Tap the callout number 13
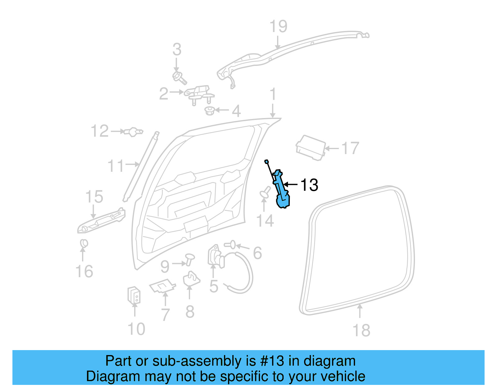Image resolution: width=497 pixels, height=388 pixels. (x=309, y=185)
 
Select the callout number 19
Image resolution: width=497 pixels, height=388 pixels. (x=278, y=26)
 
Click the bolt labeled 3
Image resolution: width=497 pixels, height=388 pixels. (x=180, y=77)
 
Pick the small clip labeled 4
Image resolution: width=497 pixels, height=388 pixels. (x=210, y=111)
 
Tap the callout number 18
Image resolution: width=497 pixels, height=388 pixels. (x=361, y=330)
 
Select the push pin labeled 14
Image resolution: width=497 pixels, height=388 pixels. (x=265, y=193)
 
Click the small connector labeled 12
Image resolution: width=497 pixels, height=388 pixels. (x=134, y=132)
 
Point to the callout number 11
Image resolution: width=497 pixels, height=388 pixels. (x=116, y=166)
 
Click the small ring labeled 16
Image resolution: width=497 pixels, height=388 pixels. (x=84, y=243)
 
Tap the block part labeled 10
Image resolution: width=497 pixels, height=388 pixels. (x=134, y=295)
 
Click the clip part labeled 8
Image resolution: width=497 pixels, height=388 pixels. (x=191, y=279)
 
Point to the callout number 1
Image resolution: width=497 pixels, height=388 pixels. (x=273, y=94)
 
